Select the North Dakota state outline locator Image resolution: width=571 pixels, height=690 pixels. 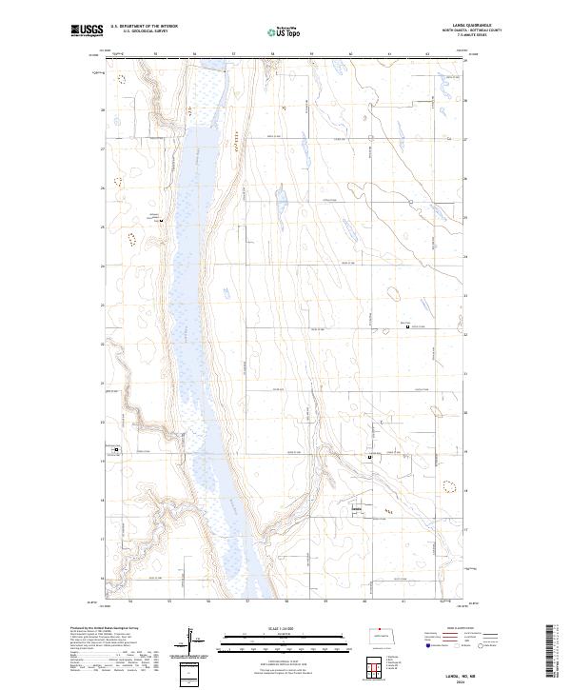pos(386,634)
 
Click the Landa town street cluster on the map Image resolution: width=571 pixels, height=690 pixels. pos(358,511)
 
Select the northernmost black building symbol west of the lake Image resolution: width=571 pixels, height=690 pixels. pos(162,222)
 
